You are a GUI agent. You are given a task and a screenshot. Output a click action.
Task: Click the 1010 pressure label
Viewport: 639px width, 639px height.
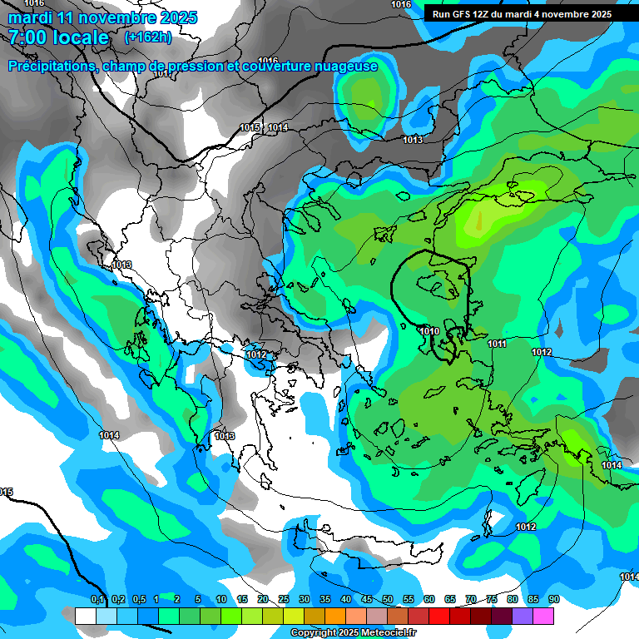click(429, 331)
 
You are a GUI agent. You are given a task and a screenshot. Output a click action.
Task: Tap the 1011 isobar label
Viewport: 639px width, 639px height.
click(498, 344)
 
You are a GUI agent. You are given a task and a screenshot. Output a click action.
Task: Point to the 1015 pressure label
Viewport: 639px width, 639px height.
click(250, 127)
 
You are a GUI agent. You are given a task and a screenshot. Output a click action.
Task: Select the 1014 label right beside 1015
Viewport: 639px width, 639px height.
click(278, 127)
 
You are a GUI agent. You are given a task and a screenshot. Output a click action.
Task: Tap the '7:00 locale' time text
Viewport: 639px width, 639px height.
click(59, 37)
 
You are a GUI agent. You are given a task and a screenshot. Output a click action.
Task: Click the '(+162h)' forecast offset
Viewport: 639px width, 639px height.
click(148, 37)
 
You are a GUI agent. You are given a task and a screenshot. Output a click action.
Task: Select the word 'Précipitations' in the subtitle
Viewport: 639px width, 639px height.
click(51, 66)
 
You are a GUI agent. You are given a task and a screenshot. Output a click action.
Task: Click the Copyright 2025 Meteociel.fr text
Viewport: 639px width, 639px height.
click(354, 633)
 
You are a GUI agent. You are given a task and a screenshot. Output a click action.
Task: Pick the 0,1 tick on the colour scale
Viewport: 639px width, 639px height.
click(97, 600)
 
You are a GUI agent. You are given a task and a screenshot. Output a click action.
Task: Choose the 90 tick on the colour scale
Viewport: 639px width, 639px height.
click(554, 600)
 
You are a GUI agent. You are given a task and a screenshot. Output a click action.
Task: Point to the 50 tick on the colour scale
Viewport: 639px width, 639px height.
click(388, 600)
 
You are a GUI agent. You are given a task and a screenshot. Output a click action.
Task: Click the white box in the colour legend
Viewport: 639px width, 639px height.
click(85, 616)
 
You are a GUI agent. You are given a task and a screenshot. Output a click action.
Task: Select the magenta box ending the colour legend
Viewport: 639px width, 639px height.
click(543, 616)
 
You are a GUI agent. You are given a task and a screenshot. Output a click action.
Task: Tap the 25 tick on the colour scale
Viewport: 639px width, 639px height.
click(284, 600)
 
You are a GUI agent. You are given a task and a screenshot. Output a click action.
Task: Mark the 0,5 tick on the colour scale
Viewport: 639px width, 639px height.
click(139, 600)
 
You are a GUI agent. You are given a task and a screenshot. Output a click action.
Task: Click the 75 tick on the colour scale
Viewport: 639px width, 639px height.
click(492, 600)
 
